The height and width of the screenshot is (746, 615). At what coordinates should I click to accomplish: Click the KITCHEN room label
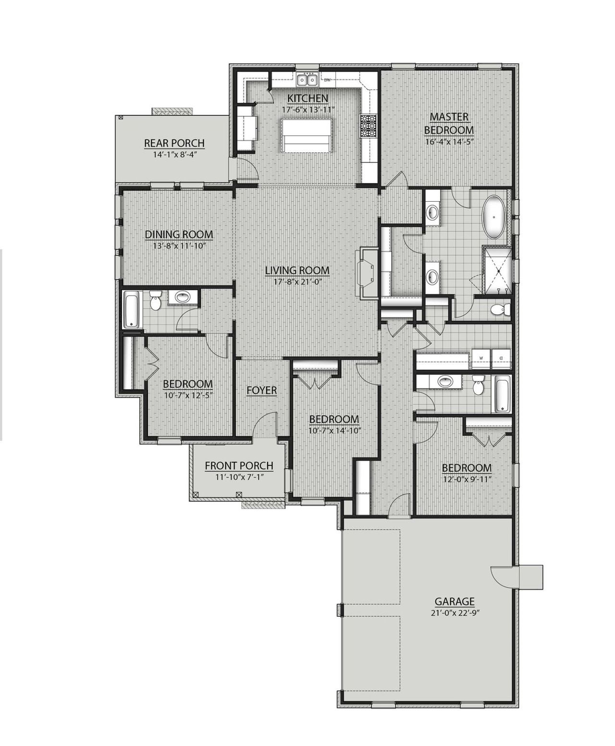click(x=307, y=98)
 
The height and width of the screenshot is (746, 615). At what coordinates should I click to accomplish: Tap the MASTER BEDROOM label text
click(x=449, y=123)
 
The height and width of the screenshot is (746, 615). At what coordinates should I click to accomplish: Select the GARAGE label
click(x=455, y=601)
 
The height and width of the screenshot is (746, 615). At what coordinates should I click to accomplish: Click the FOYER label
click(x=261, y=390)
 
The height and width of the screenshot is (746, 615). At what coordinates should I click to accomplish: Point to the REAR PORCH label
click(x=174, y=143)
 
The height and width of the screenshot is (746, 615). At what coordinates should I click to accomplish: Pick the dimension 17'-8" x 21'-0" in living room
click(x=297, y=282)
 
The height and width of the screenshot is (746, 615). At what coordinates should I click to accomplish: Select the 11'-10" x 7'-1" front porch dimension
click(x=239, y=477)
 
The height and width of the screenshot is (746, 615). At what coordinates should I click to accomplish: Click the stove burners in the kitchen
click(x=369, y=126)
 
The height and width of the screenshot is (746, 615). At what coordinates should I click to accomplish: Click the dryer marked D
click(x=500, y=358)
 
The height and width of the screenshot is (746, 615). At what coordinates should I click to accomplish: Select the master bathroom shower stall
click(x=498, y=270)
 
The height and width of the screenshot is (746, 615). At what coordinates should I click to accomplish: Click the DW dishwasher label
click(x=327, y=80)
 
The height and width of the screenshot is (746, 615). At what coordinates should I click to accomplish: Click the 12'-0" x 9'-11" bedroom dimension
click(x=467, y=479)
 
